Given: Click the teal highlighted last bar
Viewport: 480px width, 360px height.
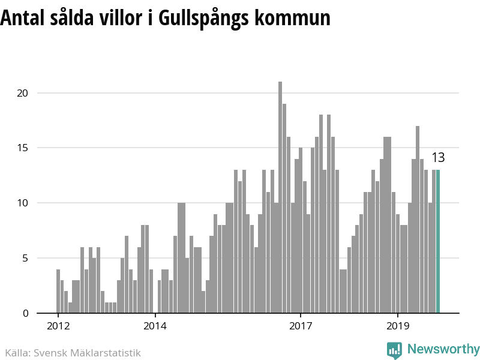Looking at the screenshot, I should [x=438, y=241].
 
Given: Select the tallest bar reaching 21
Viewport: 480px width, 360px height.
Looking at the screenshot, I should [x=280, y=197].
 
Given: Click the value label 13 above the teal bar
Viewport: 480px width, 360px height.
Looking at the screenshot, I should [x=438, y=158].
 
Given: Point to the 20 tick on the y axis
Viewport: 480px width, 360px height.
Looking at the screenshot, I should [x=23, y=93].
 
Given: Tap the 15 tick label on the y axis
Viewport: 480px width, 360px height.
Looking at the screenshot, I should [x=23, y=148].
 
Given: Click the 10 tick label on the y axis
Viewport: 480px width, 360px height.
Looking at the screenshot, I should [x=23, y=203].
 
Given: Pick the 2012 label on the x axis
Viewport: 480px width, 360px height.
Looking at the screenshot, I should [x=58, y=326].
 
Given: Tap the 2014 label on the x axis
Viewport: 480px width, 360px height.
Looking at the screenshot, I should [x=155, y=326].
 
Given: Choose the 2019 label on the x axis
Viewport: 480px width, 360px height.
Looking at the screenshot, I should [x=397, y=326].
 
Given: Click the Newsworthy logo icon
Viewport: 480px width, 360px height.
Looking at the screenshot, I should [x=394, y=350].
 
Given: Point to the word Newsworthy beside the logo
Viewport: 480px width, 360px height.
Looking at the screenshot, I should [x=443, y=349].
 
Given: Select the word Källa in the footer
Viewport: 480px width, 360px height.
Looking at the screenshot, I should [x=17, y=353].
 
